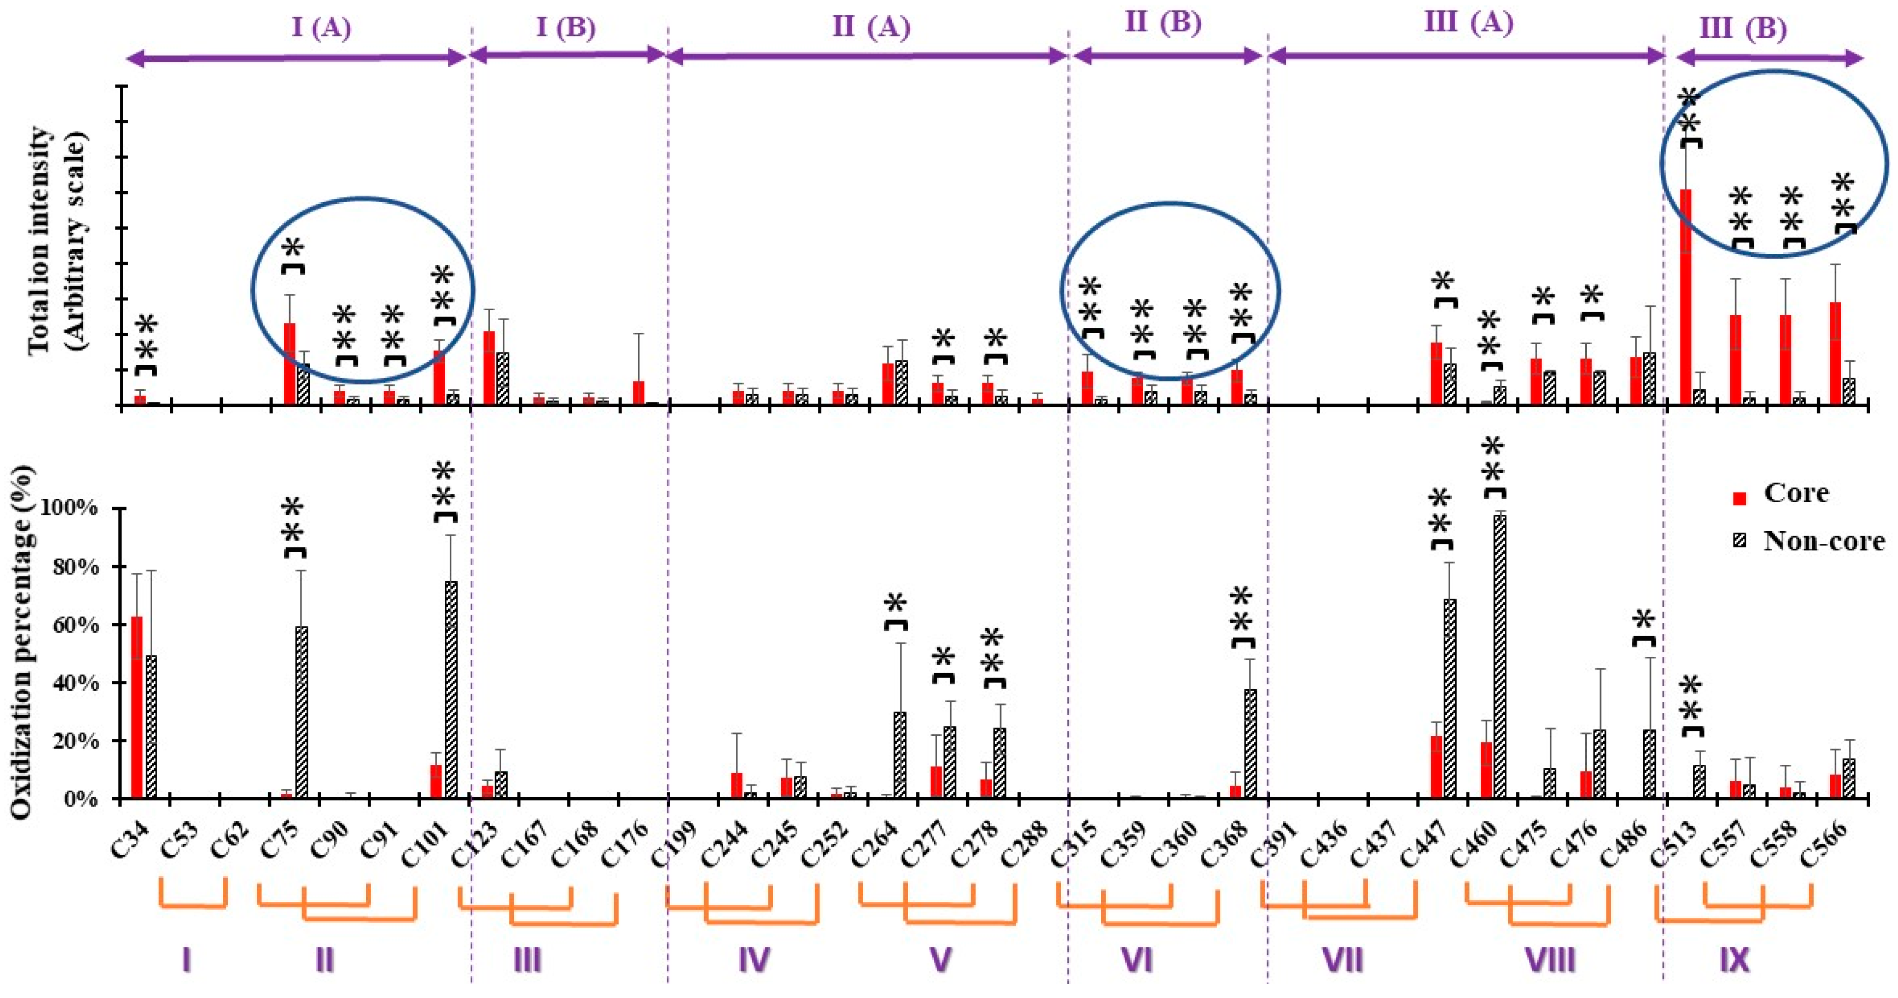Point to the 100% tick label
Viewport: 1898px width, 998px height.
71,509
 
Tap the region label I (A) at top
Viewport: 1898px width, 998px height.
321,28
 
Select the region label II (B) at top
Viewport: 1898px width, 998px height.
1164,24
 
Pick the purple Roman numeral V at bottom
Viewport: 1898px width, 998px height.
940,960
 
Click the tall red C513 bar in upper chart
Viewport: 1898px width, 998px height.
1684,295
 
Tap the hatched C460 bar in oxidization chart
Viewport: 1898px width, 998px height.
1499,655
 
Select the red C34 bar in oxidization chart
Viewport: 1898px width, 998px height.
136,707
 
